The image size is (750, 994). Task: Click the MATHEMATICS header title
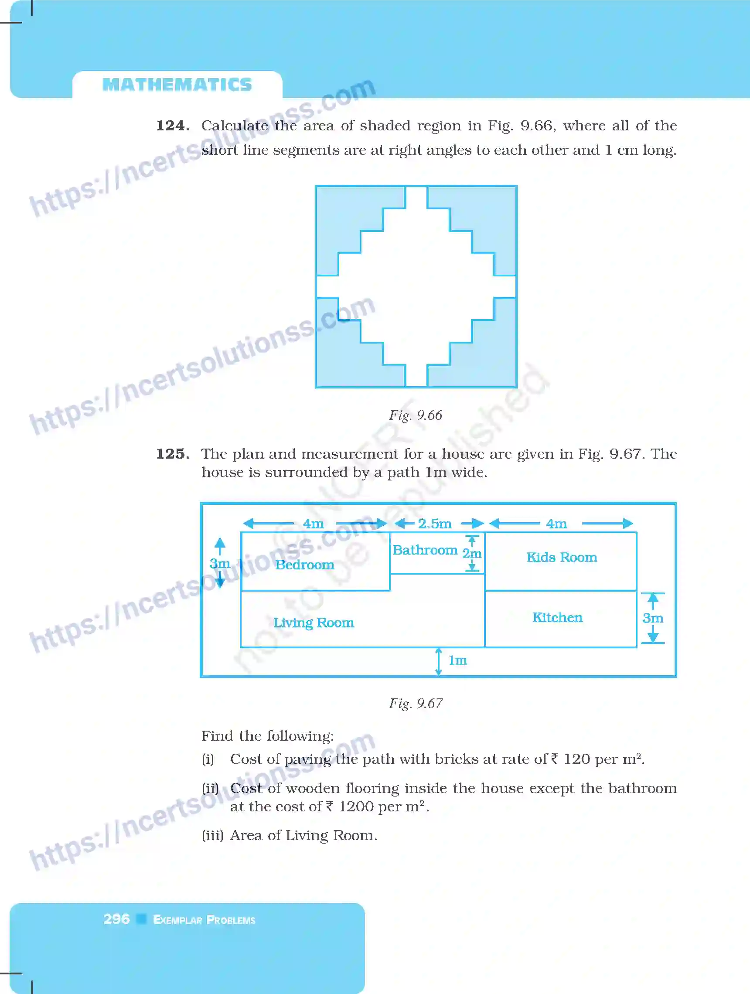pyautogui.click(x=177, y=85)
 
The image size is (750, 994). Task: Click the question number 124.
pyautogui.click(x=173, y=126)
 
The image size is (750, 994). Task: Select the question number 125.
pyautogui.click(x=173, y=454)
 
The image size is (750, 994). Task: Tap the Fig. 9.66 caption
pyautogui.click(x=416, y=415)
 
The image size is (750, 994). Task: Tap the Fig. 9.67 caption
pyautogui.click(x=416, y=703)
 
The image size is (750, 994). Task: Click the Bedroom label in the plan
pyautogui.click(x=305, y=565)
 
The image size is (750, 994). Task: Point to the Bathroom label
pyautogui.click(x=425, y=550)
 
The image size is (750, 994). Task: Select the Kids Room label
pyautogui.click(x=562, y=557)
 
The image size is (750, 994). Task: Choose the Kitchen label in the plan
pyautogui.click(x=558, y=617)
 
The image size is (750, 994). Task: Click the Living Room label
pyautogui.click(x=314, y=623)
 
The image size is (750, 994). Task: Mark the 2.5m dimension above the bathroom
pyautogui.click(x=435, y=524)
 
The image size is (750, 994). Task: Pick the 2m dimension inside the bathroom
pyautogui.click(x=472, y=553)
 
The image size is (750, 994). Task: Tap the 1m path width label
pyautogui.click(x=457, y=660)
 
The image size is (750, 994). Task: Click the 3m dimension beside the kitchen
pyautogui.click(x=652, y=618)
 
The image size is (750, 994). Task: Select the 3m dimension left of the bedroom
pyautogui.click(x=220, y=564)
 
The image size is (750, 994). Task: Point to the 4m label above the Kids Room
pyautogui.click(x=556, y=524)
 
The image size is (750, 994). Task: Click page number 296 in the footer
pyautogui.click(x=116, y=919)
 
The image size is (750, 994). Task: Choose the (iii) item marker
pyautogui.click(x=212, y=835)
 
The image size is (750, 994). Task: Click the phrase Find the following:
pyautogui.click(x=267, y=735)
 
